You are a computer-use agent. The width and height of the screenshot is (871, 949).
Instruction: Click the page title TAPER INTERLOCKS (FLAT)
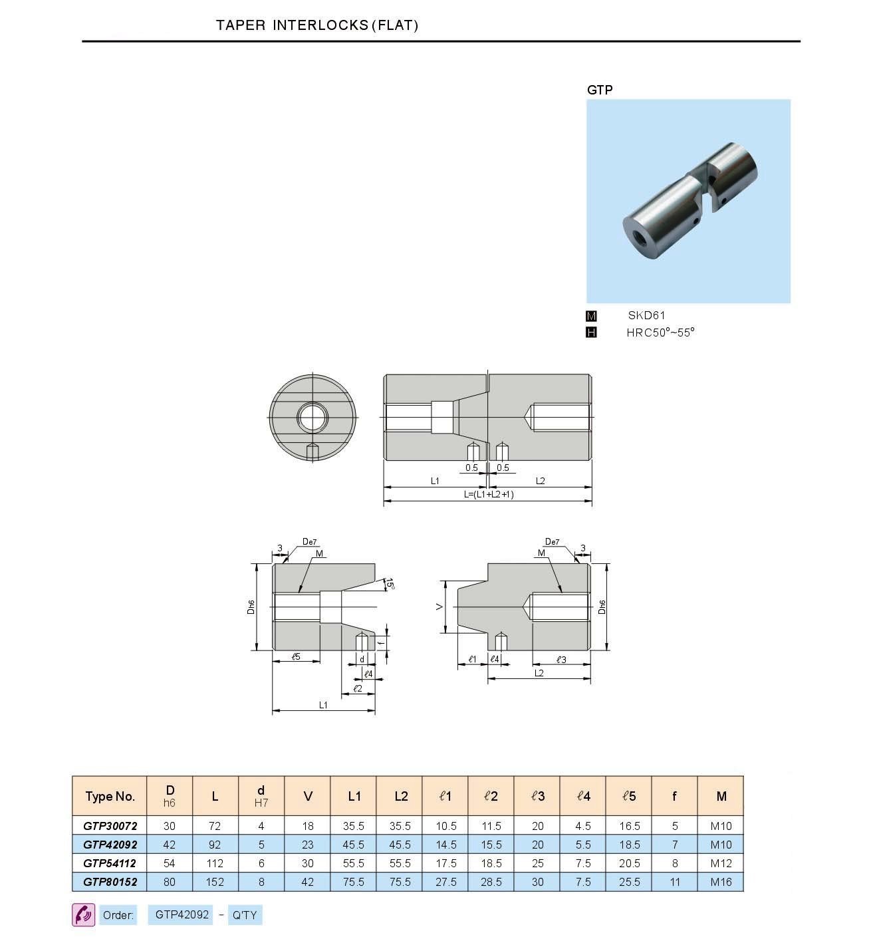pyautogui.click(x=317, y=25)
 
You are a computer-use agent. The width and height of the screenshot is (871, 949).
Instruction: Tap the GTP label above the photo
pyautogui.click(x=599, y=90)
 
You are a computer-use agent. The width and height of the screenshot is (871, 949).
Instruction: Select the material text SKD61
pyautogui.click(x=646, y=316)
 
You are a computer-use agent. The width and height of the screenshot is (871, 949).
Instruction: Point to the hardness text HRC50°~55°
pyautogui.click(x=660, y=333)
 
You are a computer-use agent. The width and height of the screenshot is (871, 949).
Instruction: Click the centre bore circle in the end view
pyautogui.click(x=312, y=418)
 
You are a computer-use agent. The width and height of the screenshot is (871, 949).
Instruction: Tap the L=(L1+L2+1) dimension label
pyautogui.click(x=489, y=495)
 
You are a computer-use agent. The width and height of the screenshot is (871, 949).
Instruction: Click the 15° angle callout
pyautogui.click(x=391, y=585)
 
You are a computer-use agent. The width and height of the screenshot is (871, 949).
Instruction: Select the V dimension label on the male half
pyautogui.click(x=439, y=607)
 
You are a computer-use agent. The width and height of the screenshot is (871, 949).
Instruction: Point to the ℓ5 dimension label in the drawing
pyautogui.click(x=296, y=656)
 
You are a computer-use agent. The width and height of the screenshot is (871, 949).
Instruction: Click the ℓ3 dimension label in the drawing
pyautogui.click(x=560, y=659)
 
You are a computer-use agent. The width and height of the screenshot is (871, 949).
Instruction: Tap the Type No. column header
pyautogui.click(x=110, y=796)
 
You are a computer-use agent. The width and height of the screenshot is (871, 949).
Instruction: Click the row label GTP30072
pyautogui.click(x=110, y=826)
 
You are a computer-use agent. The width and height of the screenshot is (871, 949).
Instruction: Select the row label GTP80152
pyautogui.click(x=110, y=882)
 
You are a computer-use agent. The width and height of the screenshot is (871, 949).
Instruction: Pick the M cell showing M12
pyautogui.click(x=721, y=863)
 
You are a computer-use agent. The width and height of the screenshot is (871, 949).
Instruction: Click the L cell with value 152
pyautogui.click(x=215, y=882)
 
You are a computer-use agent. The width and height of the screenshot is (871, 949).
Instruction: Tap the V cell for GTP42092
pyautogui.click(x=307, y=845)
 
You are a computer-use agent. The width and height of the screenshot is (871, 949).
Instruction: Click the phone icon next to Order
pyautogui.click(x=83, y=915)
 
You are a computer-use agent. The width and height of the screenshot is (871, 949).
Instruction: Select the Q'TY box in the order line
pyautogui.click(x=245, y=915)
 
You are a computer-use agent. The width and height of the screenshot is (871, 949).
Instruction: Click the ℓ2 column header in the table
pyautogui.click(x=491, y=796)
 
